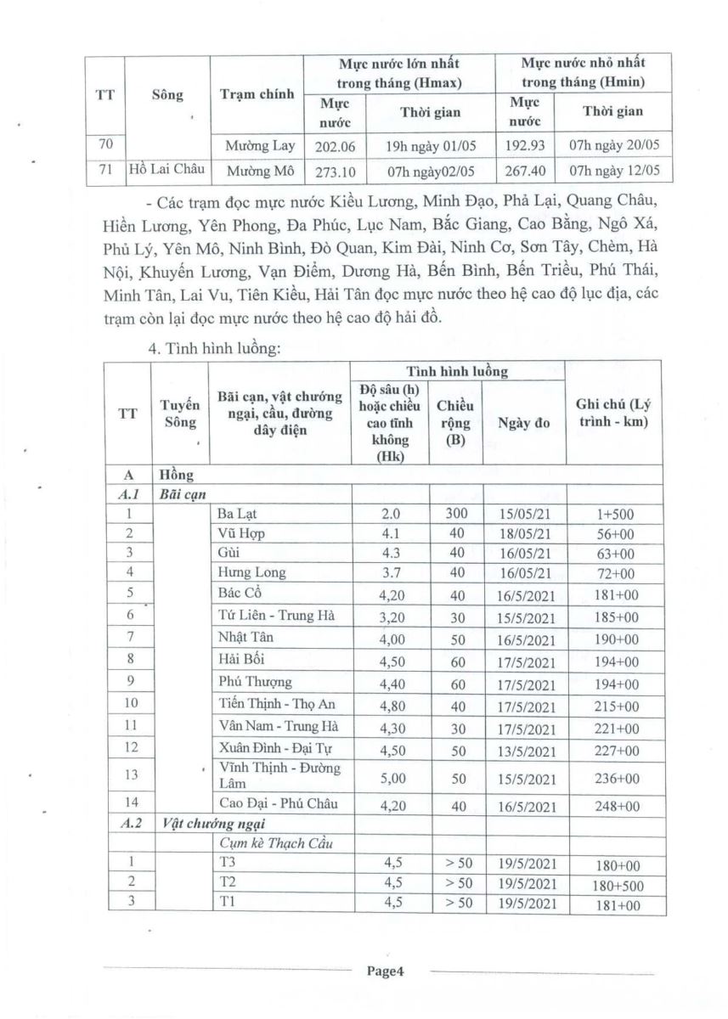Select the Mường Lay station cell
click(260, 145)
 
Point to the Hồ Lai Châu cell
click(166, 170)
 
